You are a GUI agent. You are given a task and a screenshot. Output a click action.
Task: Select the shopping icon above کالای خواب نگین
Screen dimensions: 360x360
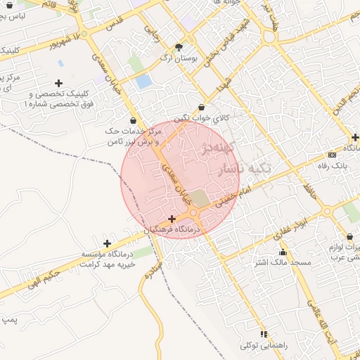[202, 108]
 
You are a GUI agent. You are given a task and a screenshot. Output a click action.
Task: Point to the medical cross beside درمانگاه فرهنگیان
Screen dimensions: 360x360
[172, 219]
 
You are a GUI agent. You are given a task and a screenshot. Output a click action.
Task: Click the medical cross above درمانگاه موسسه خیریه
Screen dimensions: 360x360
[107, 243]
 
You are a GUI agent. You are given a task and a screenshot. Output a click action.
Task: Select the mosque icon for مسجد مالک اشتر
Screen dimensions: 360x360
[283, 252]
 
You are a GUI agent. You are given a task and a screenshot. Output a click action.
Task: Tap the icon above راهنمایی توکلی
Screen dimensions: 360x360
[264, 334]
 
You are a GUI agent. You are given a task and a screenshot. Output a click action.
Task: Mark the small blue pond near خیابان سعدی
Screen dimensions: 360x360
[143, 81]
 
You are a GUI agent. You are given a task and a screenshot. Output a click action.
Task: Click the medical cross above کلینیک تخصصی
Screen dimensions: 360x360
[59, 83]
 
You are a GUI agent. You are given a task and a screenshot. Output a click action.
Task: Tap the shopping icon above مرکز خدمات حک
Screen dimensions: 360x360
[133, 120]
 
